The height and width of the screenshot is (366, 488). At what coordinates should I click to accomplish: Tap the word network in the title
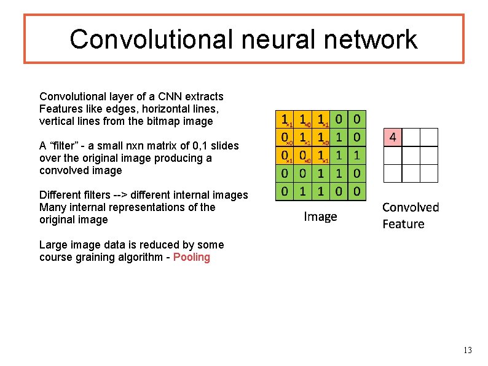(374, 39)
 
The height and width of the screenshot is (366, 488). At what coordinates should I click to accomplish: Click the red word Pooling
(192, 257)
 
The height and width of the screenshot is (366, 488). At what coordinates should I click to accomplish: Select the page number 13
(467, 351)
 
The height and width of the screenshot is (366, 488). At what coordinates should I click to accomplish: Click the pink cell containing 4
(392, 137)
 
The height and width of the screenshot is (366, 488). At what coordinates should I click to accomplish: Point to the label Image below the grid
(320, 217)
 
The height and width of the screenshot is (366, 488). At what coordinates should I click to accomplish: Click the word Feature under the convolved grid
(403, 224)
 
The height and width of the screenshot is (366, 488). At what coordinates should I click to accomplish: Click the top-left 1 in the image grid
(284, 118)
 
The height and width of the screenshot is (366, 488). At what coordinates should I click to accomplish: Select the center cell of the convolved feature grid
(411, 155)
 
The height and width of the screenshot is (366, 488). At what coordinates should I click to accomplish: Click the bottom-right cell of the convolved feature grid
(429, 173)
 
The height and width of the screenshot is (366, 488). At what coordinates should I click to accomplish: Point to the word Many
(52, 207)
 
